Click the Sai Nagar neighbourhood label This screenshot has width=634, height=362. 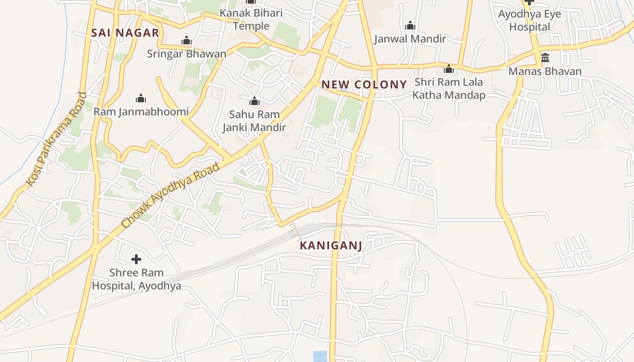click(x=125, y=33)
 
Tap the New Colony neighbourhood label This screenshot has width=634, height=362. click(x=364, y=85)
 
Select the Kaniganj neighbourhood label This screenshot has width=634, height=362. click(x=331, y=246)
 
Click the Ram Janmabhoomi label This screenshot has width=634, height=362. click(x=141, y=111)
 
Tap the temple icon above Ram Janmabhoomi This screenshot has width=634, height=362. click(x=141, y=98)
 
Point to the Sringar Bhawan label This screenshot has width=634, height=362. click(x=186, y=54)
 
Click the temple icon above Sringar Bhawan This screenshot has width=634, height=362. click(x=186, y=41)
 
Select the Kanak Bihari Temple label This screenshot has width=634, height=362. click(x=251, y=19)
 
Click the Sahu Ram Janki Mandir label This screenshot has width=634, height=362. click(x=254, y=121)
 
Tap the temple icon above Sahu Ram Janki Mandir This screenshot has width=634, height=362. click(x=255, y=100)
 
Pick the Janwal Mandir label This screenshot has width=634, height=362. click(x=410, y=39)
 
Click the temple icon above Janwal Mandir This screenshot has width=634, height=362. click(x=410, y=25)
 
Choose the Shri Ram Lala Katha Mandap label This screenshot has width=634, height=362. click(x=449, y=89)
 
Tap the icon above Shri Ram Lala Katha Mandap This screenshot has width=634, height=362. click(x=449, y=69)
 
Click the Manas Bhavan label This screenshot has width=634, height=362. click(x=545, y=71)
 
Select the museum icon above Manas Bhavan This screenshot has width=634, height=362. click(x=545, y=58)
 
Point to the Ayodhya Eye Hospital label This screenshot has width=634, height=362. click(x=529, y=20)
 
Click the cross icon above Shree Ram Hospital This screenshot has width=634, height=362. click(x=136, y=259)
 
